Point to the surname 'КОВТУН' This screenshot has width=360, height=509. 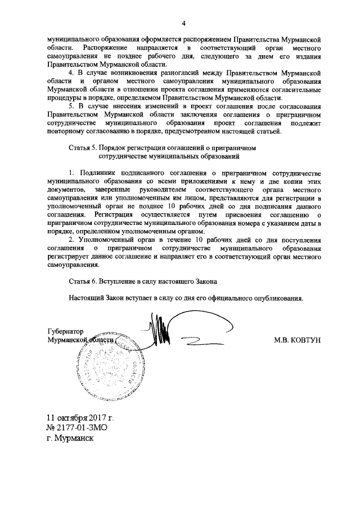coord(302,340)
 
